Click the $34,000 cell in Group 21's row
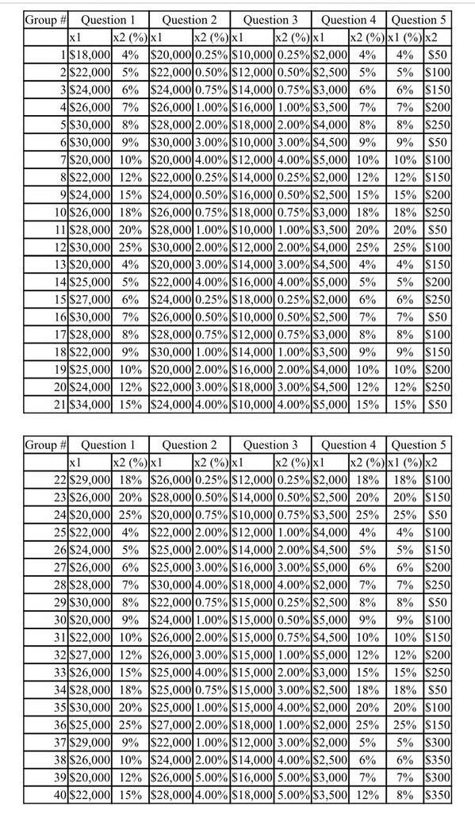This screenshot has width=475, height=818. (88, 405)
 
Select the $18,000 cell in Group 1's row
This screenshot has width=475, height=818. (88, 55)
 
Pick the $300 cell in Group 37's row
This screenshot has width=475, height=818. (437, 743)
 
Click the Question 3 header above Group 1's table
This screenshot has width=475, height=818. (270, 19)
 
